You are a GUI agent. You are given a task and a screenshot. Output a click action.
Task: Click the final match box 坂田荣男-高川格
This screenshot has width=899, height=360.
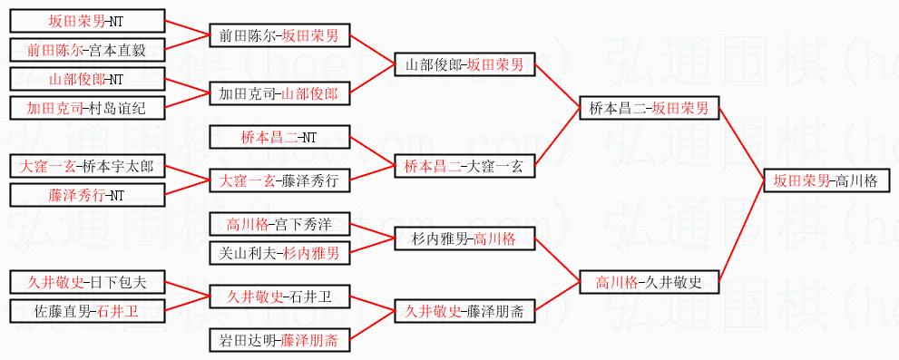827,181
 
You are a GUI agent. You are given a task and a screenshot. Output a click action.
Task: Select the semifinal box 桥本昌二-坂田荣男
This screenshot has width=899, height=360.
649,108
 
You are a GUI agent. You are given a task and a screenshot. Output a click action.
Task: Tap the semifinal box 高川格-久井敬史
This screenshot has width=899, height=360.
649,281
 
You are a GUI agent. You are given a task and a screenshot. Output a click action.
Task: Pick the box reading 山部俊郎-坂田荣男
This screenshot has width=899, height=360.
464,65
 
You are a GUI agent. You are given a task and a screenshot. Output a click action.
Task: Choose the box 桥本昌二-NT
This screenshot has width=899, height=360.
279,138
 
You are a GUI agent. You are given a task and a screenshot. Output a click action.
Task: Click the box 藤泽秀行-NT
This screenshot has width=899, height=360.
88,196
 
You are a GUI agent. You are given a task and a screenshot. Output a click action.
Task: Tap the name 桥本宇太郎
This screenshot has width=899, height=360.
118,168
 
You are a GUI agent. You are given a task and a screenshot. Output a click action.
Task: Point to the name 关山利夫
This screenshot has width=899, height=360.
248,253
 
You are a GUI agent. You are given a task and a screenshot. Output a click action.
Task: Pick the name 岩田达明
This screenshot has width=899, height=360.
248,341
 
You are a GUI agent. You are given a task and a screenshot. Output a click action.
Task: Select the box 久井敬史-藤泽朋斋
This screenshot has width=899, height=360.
464,312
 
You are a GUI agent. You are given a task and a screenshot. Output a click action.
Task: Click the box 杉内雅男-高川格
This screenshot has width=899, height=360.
464,239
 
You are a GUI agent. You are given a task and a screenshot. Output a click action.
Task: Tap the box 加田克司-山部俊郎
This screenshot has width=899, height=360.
279,94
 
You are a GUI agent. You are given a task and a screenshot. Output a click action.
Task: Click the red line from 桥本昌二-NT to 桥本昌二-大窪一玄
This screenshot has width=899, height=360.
372,153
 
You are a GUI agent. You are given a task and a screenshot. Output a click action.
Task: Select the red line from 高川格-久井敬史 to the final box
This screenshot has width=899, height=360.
741,231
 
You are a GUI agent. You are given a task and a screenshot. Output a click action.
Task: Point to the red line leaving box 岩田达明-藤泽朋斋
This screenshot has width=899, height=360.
372,326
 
